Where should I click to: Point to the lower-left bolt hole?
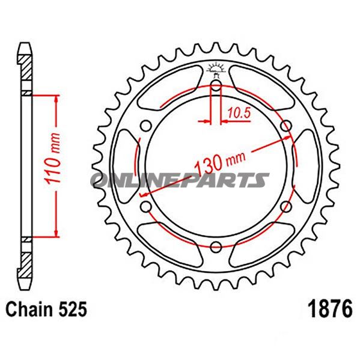[145, 206]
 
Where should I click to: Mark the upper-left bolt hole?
[145, 125]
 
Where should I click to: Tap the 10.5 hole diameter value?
[238, 111]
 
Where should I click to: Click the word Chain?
[28, 310]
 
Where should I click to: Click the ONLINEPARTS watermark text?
[180, 180]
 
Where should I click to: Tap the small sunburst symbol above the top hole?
[216, 68]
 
